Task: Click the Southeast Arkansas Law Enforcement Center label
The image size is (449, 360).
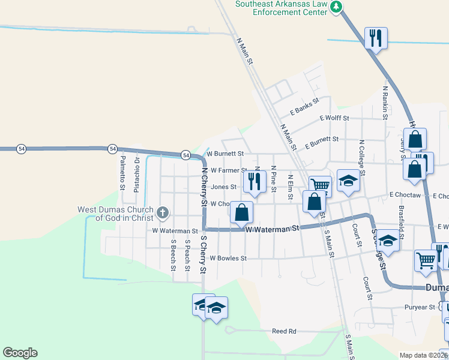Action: pos(281,7)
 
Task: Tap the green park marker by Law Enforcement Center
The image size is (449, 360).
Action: pos(337,7)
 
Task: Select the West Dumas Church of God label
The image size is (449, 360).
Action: pos(116,214)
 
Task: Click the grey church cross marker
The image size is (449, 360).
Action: pos(162,212)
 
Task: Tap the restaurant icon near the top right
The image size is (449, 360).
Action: pos(376,38)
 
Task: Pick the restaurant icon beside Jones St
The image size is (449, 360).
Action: pos(255,181)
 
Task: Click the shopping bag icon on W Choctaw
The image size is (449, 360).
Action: pos(241,212)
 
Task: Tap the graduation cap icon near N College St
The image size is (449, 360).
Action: pos(348,180)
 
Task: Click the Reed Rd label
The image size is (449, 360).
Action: pos(284,331)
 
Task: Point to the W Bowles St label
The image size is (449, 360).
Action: pos(228,259)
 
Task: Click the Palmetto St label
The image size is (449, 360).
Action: pos(122,172)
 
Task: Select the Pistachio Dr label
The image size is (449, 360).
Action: pos(137,172)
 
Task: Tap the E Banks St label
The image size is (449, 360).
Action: pos(303,107)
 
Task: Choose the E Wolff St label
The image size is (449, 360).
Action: pos(334,118)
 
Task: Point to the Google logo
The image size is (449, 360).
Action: pos(20,353)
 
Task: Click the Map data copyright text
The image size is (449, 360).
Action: pos(424,355)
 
